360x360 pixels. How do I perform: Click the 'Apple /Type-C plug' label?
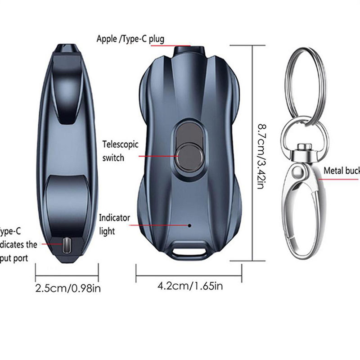coord(130,39)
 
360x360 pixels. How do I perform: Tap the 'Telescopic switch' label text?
coord(120,151)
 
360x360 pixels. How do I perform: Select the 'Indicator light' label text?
coord(115,224)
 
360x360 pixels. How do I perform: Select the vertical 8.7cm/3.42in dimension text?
coord(260,152)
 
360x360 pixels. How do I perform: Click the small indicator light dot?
coord(189,225)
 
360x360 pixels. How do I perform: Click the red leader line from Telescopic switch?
coord(155,156)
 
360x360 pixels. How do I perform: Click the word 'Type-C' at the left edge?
coord(10,232)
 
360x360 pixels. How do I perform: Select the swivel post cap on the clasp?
coord(306,147)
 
